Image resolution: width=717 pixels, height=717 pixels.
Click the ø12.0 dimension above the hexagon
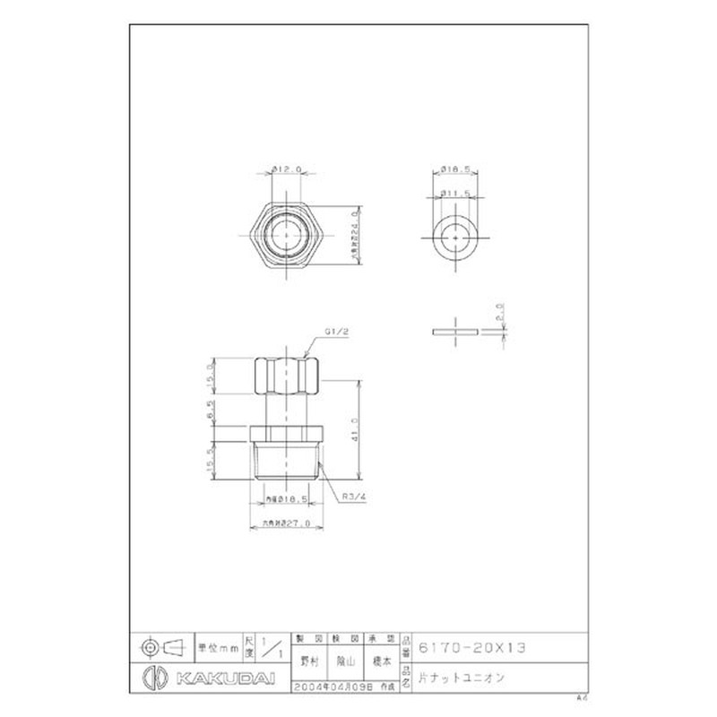click(x=284, y=168)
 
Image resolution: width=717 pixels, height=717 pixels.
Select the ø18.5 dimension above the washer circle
click(x=457, y=168)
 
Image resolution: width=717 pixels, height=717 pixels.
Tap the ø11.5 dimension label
click(x=457, y=192)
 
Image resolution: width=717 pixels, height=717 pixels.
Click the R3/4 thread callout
click(x=350, y=492)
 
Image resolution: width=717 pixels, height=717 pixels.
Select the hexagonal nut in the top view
click(x=285, y=235)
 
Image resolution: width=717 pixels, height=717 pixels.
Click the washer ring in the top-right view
click(x=457, y=236)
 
